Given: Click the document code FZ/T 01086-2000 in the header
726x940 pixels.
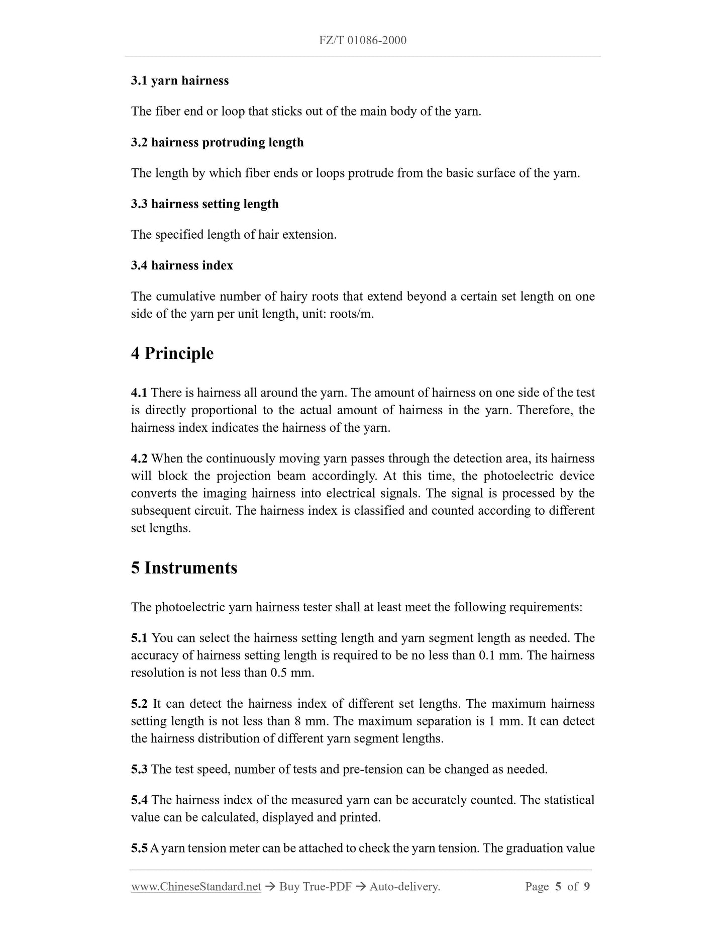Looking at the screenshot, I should click(363, 40).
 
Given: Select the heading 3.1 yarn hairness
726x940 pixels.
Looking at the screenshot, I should click(180, 81).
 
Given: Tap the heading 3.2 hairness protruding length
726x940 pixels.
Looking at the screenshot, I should click(217, 142).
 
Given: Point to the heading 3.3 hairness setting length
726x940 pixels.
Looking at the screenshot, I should click(204, 204).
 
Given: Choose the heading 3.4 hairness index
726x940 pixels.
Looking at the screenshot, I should click(182, 265).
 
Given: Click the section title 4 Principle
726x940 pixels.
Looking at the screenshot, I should click(172, 353).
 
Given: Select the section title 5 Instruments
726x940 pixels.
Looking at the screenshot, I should click(184, 568).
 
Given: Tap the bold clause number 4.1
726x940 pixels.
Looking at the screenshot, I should click(139, 393).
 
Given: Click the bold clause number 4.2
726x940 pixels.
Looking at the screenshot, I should click(139, 458).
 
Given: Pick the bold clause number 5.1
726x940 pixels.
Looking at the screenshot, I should click(139, 638).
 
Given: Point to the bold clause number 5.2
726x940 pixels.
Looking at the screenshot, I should click(139, 704).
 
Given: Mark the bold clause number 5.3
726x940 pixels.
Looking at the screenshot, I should click(139, 769).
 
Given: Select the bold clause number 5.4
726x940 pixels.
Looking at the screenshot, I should click(139, 800).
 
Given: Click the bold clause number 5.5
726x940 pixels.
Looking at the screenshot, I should click(139, 849).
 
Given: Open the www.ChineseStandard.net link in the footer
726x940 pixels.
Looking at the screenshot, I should click(196, 887).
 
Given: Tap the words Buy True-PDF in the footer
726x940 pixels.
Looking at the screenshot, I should click(315, 887).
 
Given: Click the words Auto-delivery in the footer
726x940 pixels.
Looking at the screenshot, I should click(404, 887).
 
